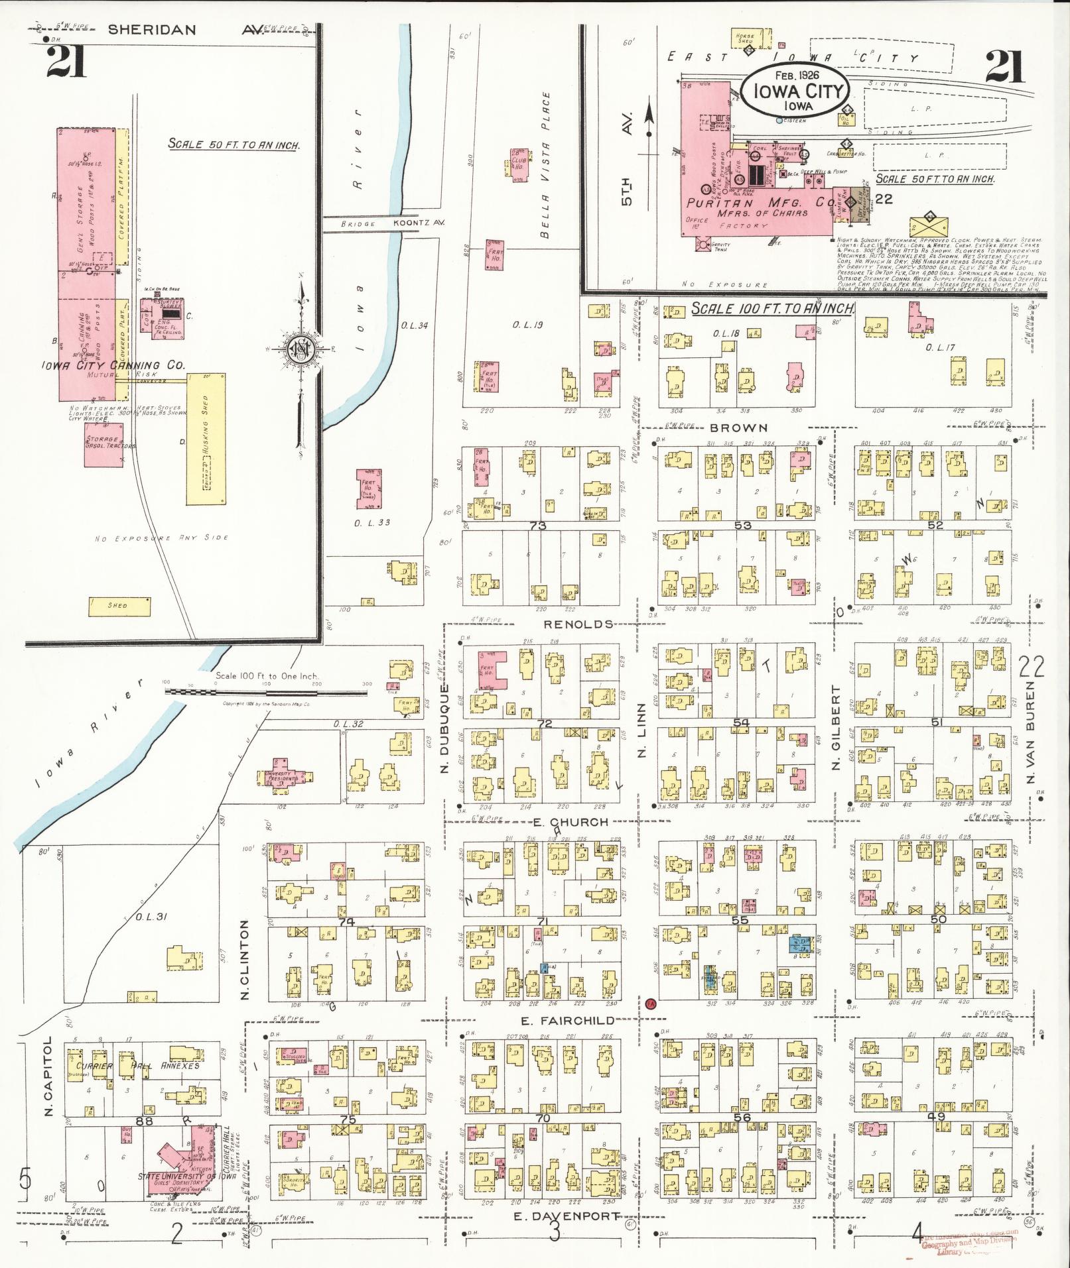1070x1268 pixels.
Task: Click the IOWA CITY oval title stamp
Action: coord(794,93)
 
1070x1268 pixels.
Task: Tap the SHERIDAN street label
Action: coord(152,30)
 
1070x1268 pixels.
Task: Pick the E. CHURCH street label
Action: coord(570,822)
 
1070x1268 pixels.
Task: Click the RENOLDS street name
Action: coord(578,624)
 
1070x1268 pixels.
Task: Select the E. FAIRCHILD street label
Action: coord(568,1020)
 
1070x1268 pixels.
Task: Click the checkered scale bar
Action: coord(265,691)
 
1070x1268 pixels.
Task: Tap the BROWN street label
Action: coord(738,428)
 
